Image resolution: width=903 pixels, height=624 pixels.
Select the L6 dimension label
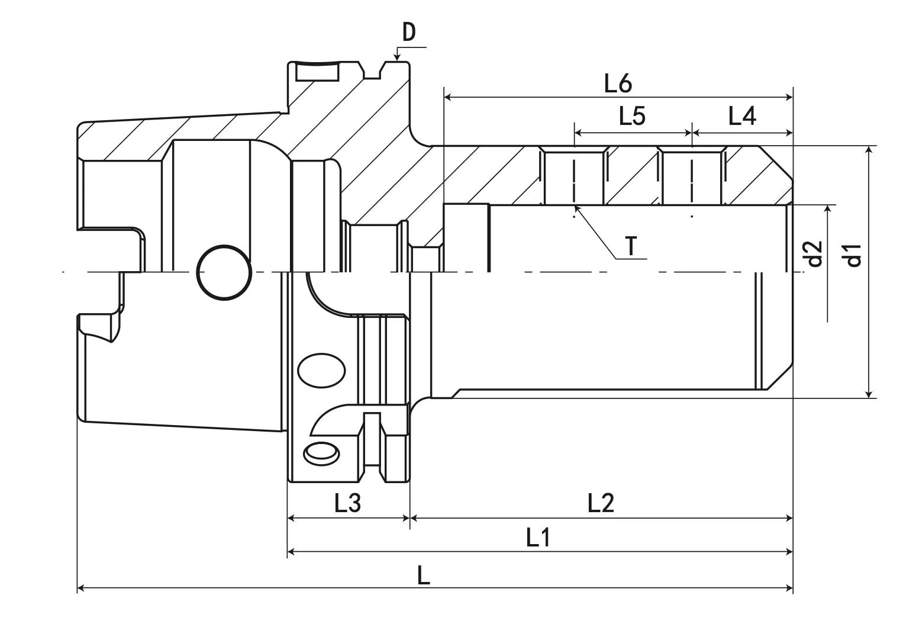tap(618, 84)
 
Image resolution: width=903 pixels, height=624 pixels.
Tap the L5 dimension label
tap(632, 117)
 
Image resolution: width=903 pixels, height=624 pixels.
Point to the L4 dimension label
tap(742, 117)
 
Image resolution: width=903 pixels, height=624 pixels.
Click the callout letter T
tap(632, 245)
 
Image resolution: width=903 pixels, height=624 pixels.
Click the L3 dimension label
tap(347, 503)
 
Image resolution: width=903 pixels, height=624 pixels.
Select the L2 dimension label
tap(601, 503)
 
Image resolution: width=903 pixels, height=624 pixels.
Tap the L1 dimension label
tap(538, 538)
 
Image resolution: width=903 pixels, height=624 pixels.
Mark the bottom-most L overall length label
tap(424, 575)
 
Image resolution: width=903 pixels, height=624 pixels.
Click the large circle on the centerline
tap(223, 273)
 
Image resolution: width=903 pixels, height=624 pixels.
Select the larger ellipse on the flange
tap(321, 371)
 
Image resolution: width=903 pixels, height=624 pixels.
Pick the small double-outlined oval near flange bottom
tap(321, 453)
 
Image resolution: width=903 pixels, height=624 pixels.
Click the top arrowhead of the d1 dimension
tap(868, 150)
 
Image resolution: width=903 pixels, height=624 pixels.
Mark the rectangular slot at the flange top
tap(318, 73)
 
